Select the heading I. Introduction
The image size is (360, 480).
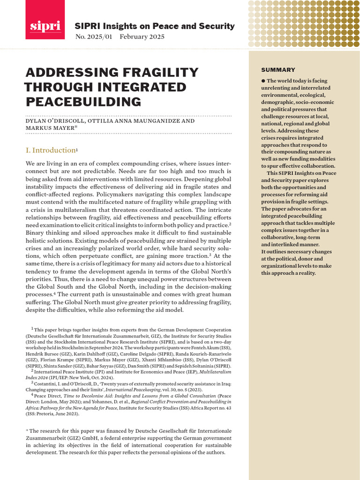click(50, 150)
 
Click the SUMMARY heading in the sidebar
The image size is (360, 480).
click(278, 70)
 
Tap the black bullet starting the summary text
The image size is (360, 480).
click(263, 81)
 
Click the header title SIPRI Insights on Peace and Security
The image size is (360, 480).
click(155, 26)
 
